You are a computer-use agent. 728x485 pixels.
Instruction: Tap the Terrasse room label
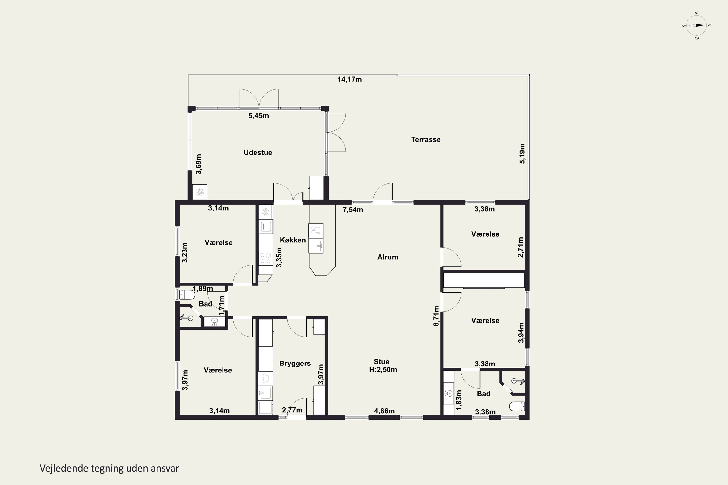click(426, 139)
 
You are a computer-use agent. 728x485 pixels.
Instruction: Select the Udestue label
click(257, 153)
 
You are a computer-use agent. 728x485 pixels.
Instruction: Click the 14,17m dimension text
click(349, 80)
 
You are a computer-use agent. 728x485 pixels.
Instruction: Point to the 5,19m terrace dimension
click(522, 154)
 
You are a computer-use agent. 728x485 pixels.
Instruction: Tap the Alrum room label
click(388, 257)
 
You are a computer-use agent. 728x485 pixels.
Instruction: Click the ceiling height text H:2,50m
click(383, 370)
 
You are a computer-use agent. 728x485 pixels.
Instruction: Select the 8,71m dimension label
click(436, 316)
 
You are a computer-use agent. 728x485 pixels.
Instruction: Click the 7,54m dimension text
click(353, 210)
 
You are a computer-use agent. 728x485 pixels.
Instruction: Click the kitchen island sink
click(316, 246)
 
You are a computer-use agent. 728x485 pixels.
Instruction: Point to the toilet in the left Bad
click(187, 294)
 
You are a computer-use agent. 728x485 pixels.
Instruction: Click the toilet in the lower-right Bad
click(517, 406)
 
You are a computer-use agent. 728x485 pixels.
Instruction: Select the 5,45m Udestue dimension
click(258, 116)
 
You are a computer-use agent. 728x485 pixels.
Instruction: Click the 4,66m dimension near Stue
click(384, 411)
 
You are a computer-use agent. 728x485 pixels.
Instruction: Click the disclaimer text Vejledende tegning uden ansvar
click(109, 468)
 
